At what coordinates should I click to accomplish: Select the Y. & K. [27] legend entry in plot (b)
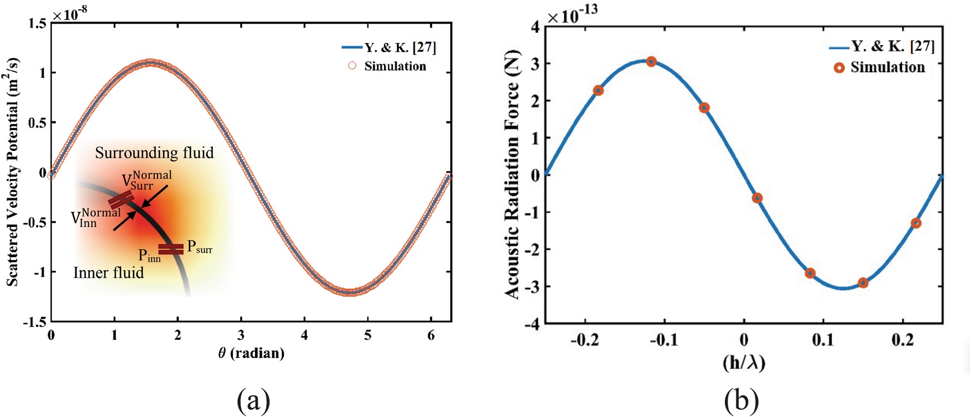click(x=882, y=47)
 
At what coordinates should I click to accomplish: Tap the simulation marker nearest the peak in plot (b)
click(x=651, y=61)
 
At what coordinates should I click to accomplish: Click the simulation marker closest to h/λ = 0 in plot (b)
click(x=757, y=198)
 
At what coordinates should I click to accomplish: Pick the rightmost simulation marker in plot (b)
click(x=916, y=223)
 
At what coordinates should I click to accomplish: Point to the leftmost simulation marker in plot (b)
click(x=598, y=90)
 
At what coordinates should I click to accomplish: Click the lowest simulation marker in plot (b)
click(x=863, y=283)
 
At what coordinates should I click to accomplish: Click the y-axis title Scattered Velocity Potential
click(x=13, y=172)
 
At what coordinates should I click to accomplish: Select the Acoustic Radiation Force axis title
click(x=513, y=174)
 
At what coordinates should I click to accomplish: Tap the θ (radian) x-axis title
click(x=251, y=353)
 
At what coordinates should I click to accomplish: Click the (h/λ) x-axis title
click(x=744, y=362)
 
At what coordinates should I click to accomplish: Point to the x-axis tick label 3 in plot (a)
click(x=241, y=335)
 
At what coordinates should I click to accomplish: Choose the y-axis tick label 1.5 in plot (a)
click(x=37, y=24)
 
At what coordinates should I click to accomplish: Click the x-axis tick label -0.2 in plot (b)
click(x=585, y=340)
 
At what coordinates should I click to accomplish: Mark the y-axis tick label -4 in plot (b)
click(x=531, y=324)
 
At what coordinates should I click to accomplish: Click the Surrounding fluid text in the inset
click(x=154, y=153)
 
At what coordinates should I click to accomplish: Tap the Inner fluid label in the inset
click(x=108, y=273)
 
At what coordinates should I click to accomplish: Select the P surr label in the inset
click(x=200, y=247)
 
